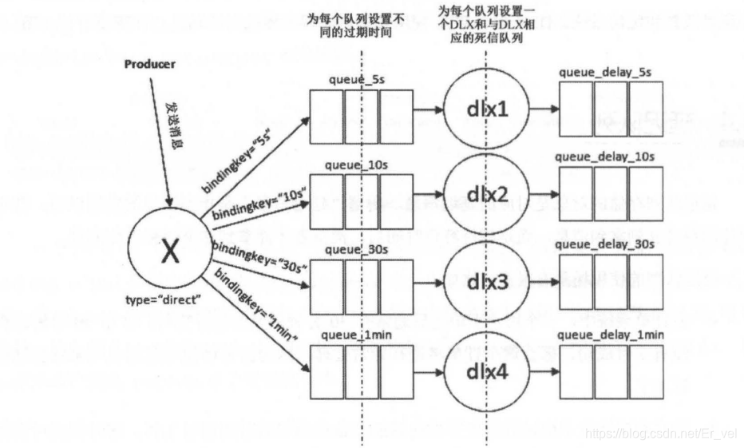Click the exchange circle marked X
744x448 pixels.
point(168,253)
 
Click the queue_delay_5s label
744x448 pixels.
point(605,72)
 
